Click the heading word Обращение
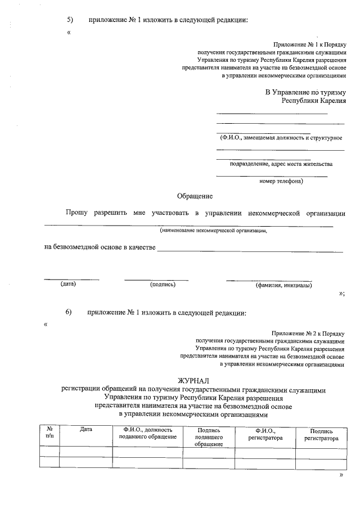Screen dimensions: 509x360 [x=195, y=196]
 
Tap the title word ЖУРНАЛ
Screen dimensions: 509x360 [x=195, y=381]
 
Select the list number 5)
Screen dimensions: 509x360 [x=70, y=20]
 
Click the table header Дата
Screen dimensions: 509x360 [x=85, y=430]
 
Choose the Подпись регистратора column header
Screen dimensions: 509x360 [x=321, y=434]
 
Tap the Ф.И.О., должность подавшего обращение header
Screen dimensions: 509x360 [x=147, y=433]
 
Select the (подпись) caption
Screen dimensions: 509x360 [x=163, y=285]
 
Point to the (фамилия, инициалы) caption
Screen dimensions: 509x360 [x=283, y=285]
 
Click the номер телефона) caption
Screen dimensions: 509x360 [x=281, y=182]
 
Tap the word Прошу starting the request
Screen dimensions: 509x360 [x=76, y=213]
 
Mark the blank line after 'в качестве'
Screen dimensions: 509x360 [x=250, y=250]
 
